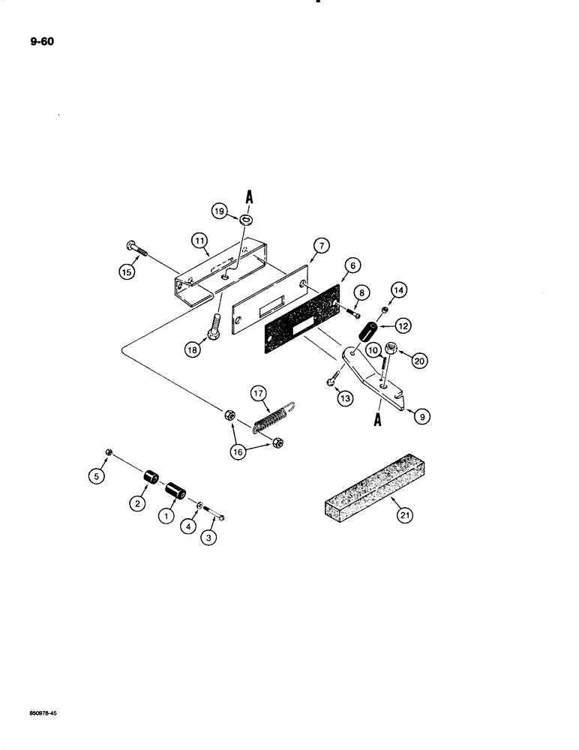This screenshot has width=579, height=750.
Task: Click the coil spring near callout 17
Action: tap(271, 416)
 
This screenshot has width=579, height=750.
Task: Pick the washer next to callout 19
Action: tap(246, 220)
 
